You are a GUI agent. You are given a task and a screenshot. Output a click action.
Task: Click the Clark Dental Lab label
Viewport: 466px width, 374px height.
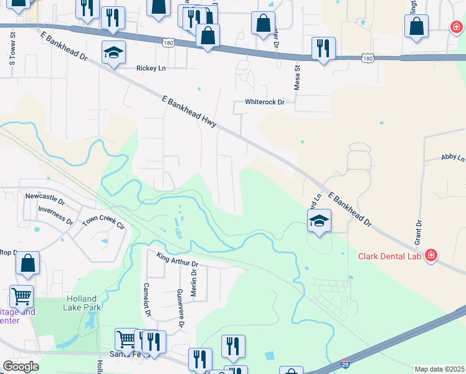(391, 256)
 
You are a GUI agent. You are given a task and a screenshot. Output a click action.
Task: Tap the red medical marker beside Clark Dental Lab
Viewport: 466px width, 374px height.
(431, 256)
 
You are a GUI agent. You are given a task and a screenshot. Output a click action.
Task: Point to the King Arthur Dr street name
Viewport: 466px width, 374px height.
(177, 255)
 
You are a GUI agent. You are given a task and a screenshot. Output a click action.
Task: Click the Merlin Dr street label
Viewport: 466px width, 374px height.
(194, 282)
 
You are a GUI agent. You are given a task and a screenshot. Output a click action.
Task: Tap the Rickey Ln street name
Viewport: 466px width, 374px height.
(151, 69)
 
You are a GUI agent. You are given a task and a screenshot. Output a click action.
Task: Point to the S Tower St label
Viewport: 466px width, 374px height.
(12, 50)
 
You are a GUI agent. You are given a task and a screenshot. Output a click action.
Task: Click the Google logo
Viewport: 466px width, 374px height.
(21, 367)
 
